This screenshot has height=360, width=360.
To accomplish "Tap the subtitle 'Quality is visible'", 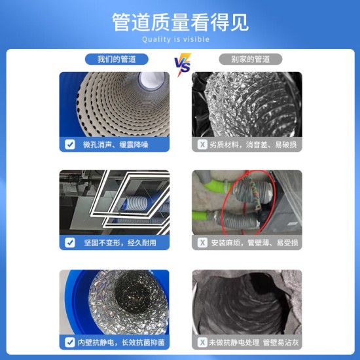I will [x=180, y=39].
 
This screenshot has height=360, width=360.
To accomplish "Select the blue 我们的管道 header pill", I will [x=117, y=60].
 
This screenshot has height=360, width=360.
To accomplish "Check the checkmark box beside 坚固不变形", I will [x=70, y=243].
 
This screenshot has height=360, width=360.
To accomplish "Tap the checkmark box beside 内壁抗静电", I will [x=70, y=342].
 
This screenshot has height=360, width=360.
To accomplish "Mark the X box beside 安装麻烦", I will [x=203, y=243].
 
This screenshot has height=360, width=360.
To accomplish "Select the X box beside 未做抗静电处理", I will [x=203, y=342].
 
